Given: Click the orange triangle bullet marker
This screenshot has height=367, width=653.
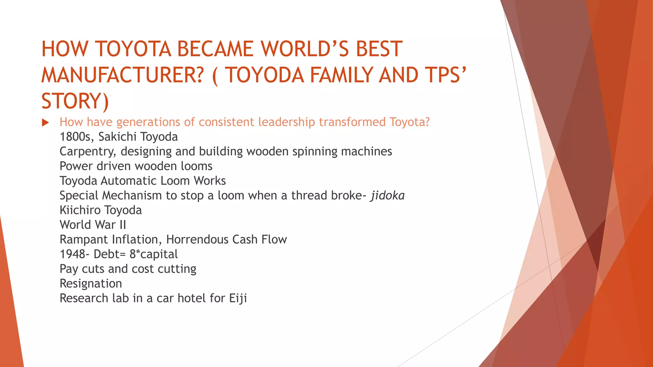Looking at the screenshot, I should tap(45, 123).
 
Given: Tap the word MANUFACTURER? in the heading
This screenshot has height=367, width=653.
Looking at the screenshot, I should tap(122, 75).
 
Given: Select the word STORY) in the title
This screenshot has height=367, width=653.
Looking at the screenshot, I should tap(75, 101).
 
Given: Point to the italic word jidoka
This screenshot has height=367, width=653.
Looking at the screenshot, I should tap(387, 196).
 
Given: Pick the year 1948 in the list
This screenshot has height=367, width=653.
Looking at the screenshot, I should tap(72, 254).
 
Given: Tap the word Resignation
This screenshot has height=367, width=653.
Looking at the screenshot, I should tap(91, 284).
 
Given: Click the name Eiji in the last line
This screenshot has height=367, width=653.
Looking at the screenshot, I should tap(238, 299).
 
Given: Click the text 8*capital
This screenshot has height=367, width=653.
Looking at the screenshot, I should tap(154, 254).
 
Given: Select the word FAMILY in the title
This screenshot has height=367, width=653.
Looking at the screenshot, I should tap(341, 75).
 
